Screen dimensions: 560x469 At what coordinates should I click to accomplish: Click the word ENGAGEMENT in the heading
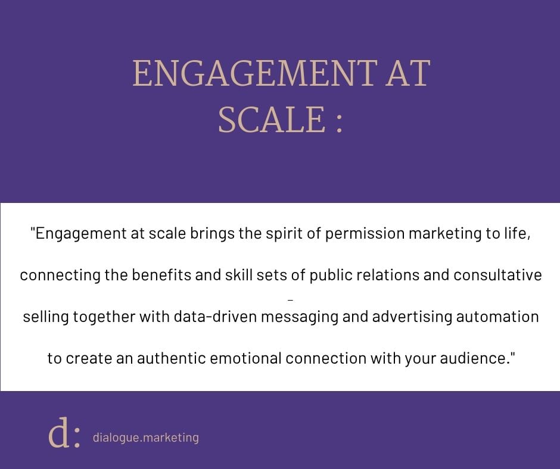pyautogui.click(x=255, y=73)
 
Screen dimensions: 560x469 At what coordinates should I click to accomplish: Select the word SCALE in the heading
pyautogui.click(x=272, y=119)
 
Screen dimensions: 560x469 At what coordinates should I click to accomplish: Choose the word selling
pyautogui.click(x=46, y=317)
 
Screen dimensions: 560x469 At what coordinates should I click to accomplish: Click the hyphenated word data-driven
pyautogui.click(x=215, y=317)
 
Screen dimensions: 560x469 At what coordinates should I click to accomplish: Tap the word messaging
pyautogui.click(x=300, y=317)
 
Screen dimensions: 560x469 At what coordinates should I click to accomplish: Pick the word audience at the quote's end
pyautogui.click(x=475, y=358)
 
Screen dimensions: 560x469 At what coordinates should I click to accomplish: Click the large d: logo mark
pyautogui.click(x=64, y=432)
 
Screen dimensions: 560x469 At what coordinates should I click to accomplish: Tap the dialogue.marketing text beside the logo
pyautogui.click(x=146, y=437)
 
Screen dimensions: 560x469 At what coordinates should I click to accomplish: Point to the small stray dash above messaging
pyautogui.click(x=290, y=301)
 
